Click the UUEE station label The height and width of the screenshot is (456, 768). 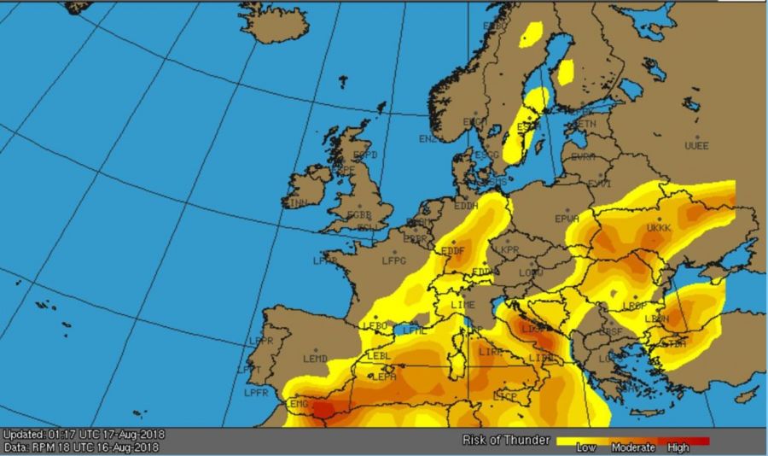point(697,146)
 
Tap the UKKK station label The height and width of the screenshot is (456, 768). point(660,228)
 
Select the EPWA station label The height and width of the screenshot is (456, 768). point(567,219)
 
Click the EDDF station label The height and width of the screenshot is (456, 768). point(452,251)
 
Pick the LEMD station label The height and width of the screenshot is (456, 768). point(315,358)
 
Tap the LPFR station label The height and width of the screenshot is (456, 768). point(256,393)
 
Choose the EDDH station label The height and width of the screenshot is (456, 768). point(466,206)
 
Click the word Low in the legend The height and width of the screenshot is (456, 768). point(586,447)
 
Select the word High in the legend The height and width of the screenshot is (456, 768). point(679,447)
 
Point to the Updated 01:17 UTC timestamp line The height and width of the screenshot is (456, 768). point(84,435)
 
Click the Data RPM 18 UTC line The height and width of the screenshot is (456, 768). point(82,447)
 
